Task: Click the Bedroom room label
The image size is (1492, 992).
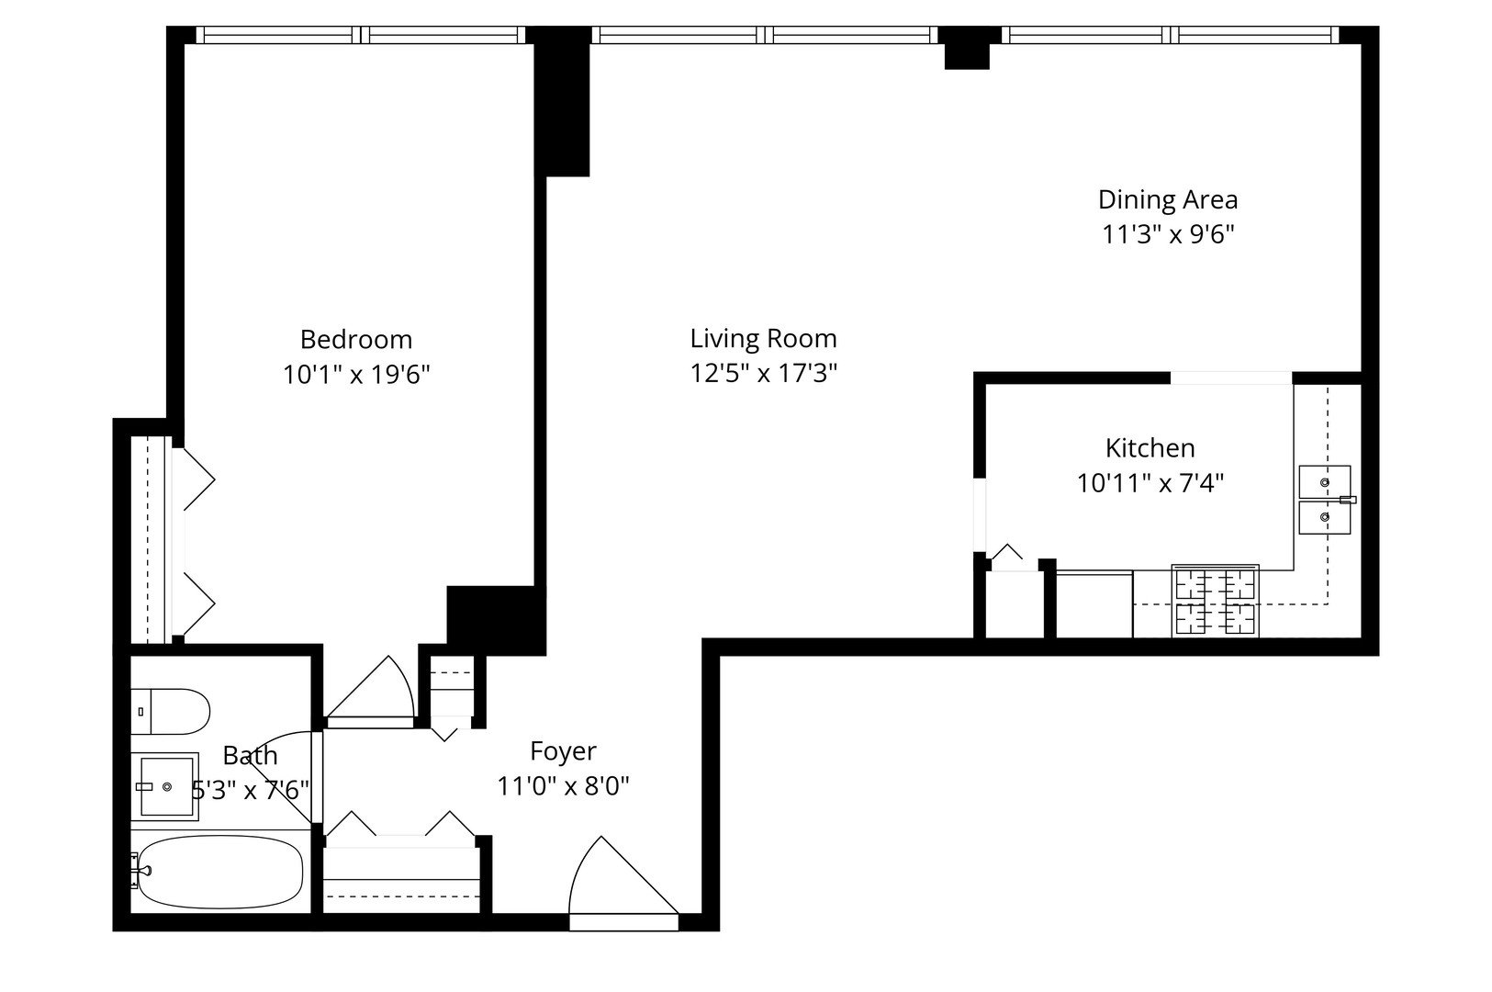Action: tap(355, 340)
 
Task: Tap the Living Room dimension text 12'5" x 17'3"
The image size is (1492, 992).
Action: tap(763, 374)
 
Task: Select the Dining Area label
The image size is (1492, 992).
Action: tap(1167, 199)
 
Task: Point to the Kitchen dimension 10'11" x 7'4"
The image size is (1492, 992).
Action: tap(1150, 483)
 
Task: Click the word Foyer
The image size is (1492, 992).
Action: tap(563, 751)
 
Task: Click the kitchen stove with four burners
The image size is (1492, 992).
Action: tap(1215, 602)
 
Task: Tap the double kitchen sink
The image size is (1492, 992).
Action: tap(1324, 500)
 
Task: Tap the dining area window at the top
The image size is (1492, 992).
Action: tap(1169, 35)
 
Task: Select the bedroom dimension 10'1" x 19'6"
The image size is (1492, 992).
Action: tap(355, 375)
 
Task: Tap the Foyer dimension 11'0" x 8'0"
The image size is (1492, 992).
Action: tap(563, 787)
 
